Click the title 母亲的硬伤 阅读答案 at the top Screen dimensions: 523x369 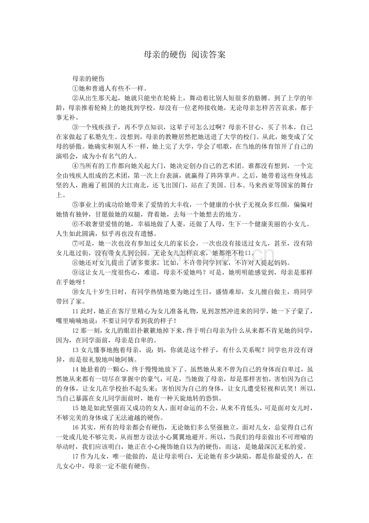click(184, 55)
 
